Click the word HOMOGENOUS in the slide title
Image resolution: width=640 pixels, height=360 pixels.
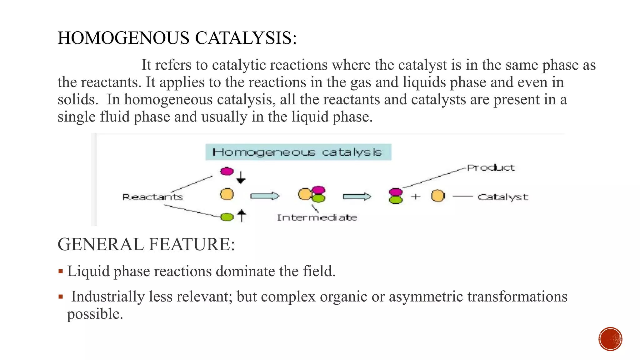tap(123, 38)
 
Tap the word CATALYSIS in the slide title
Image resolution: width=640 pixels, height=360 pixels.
tap(246, 38)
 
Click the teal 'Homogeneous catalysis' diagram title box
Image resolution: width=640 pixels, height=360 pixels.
tap(298, 152)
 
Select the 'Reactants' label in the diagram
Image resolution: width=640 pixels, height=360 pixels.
tap(152, 197)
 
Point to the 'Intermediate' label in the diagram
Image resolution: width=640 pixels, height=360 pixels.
tap(317, 217)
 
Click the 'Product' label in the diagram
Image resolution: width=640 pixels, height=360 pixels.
tap(491, 168)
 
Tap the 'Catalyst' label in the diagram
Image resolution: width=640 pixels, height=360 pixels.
tap(502, 197)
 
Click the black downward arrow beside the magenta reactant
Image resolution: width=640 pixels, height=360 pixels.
tap(241, 177)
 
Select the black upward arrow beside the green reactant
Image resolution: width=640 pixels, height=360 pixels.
tap(242, 216)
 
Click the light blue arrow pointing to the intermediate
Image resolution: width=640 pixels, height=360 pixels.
tap(264, 196)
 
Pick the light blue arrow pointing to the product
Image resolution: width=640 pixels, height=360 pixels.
tap(357, 196)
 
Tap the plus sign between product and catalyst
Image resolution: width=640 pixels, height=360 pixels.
tap(416, 197)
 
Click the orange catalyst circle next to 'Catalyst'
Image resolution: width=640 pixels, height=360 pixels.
tap(438, 196)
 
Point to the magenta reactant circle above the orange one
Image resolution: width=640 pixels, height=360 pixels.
tap(227, 171)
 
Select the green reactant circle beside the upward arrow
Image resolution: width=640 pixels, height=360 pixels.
tap(227, 217)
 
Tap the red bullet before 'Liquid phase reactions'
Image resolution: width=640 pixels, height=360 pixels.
tap(61, 271)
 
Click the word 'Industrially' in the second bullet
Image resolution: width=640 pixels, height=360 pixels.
tap(108, 296)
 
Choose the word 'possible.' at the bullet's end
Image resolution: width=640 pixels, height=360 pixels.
tap(95, 314)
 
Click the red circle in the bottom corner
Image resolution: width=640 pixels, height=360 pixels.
tap(610, 339)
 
